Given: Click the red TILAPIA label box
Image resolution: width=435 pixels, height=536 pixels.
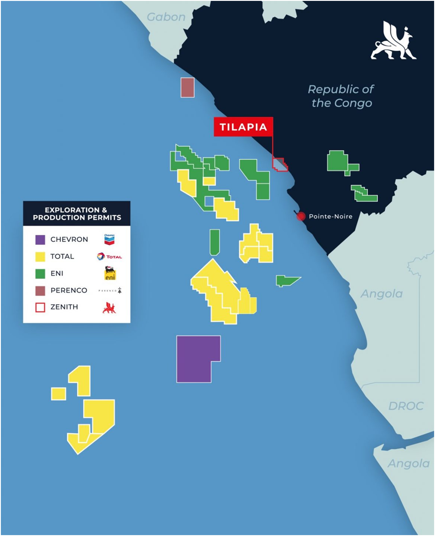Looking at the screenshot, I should point(243,127).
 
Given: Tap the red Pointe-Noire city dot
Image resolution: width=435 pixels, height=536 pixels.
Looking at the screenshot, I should point(301,217).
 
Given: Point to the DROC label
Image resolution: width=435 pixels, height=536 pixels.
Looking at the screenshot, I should point(406,406).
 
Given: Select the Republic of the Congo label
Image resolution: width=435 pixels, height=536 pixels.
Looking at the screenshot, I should point(341,96).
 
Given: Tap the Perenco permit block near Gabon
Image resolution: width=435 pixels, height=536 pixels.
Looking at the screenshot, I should point(187,87).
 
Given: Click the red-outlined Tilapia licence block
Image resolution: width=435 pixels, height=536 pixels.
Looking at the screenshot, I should point(279,165).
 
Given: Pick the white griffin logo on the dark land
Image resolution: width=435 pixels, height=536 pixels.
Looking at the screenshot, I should point(393,43).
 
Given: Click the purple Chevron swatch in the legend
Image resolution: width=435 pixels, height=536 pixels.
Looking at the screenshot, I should point(40,240).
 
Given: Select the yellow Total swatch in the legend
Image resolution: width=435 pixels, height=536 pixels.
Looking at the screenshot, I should point(40,257).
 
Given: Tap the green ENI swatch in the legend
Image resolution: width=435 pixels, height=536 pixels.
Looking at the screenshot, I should point(40,274).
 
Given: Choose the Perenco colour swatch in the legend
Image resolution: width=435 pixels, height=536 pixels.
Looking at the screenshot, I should point(40,290).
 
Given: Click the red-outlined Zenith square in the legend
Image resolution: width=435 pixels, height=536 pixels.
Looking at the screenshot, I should point(40,307).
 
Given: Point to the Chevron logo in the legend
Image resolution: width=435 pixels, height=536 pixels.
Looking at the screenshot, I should point(109,239).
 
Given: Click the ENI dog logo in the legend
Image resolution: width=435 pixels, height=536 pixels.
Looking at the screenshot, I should point(110,273).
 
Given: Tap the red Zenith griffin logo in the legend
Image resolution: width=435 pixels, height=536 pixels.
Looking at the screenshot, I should point(109,307).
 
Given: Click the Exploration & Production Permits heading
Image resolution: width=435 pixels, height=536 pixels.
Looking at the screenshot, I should point(77,214).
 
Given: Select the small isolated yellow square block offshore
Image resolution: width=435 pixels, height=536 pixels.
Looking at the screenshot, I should point(58,394).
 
